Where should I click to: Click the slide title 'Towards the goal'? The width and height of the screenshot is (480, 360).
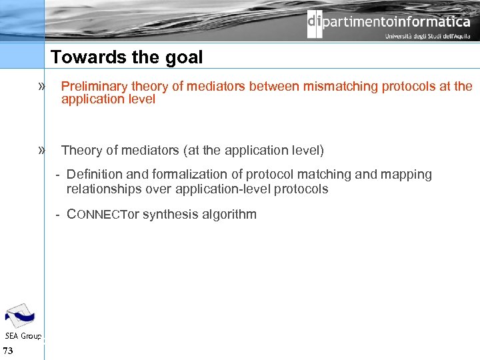pos(127,57)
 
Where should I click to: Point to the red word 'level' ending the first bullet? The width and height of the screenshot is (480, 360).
pos(142,99)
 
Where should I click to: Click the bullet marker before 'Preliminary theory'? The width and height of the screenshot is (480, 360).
pos(43,86)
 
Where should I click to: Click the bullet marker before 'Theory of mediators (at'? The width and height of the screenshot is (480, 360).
pos(43,150)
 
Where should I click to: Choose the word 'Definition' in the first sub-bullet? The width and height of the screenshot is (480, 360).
pos(95,175)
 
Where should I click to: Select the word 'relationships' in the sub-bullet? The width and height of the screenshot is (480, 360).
pos(100,189)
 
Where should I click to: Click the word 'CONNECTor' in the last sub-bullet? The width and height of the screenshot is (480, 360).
pos(103,215)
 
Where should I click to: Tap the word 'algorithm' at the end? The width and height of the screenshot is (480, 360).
pos(229,215)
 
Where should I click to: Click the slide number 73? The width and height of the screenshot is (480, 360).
pos(8,351)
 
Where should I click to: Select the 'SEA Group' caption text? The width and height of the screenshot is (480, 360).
pos(23,335)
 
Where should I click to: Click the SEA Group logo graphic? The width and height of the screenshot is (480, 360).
pos(21,315)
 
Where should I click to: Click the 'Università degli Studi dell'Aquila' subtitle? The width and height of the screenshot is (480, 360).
pos(427,37)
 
